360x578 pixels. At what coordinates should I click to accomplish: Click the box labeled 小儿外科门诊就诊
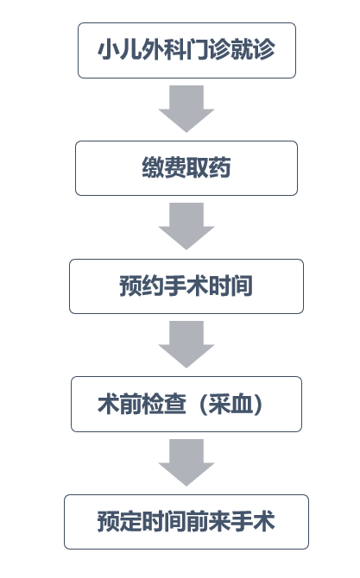coord(186,51)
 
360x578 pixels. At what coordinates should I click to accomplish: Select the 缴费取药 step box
coord(186,168)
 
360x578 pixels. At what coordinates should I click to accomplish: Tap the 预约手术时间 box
coord(186,286)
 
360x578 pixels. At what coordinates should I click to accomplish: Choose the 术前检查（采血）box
coord(186,404)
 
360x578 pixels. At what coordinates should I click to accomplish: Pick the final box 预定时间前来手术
coord(186,522)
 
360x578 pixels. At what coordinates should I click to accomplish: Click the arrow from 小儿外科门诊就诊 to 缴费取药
coord(186,109)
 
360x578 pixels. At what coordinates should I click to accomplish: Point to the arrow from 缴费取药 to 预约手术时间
coord(186,226)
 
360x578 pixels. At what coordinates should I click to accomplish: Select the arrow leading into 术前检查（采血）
coord(186,344)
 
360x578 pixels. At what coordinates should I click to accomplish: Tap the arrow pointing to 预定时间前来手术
coord(186,462)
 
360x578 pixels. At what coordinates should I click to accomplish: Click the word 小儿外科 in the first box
coord(142,50)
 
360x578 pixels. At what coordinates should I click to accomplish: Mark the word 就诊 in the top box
coord(253,50)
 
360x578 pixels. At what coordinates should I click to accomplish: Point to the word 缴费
coord(164,167)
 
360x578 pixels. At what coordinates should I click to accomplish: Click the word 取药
coord(208,167)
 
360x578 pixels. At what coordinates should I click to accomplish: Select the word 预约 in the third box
coord(142,286)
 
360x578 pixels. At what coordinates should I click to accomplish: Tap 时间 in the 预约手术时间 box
coord(231,286)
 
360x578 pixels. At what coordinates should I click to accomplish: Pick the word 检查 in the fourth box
coord(164,404)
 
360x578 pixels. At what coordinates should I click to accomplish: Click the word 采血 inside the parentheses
coord(231,404)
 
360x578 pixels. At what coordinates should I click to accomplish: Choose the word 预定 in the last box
coord(120,522)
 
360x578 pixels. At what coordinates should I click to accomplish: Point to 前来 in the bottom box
coord(208,522)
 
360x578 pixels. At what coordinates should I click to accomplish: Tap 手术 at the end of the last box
coord(253,522)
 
